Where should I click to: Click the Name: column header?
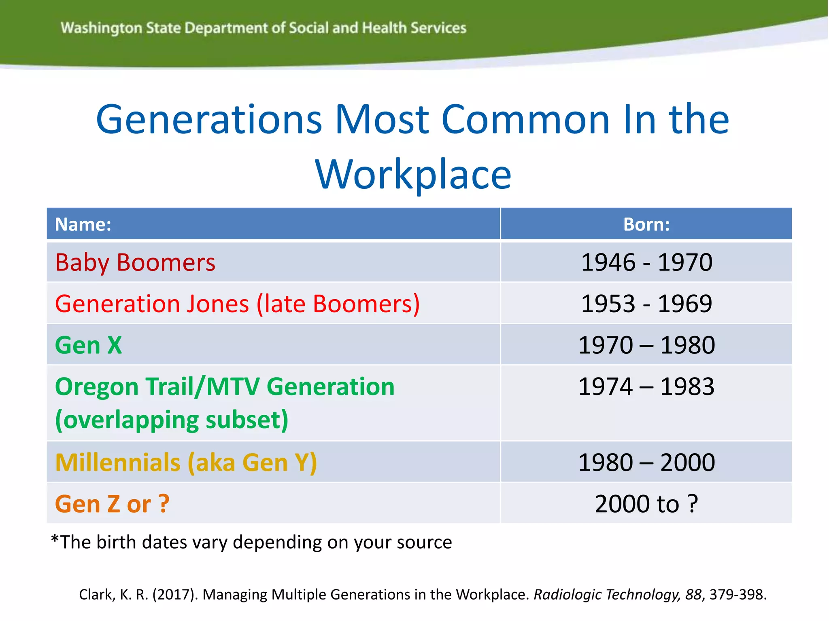83,224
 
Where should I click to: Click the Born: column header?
646,224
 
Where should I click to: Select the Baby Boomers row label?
135,262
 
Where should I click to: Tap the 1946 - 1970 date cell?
646,262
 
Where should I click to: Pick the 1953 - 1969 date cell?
646,304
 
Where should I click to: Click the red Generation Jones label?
237,304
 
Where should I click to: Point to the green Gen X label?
88,345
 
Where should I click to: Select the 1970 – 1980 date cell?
646,345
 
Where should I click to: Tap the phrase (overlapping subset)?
172,420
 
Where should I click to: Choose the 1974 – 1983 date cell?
646,387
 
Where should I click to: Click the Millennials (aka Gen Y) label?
186,462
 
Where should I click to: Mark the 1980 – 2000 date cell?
646,462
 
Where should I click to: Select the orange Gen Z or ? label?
112,504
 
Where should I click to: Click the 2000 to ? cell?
646,504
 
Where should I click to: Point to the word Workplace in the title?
413,175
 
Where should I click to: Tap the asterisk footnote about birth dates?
251,542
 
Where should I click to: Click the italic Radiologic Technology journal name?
606,594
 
